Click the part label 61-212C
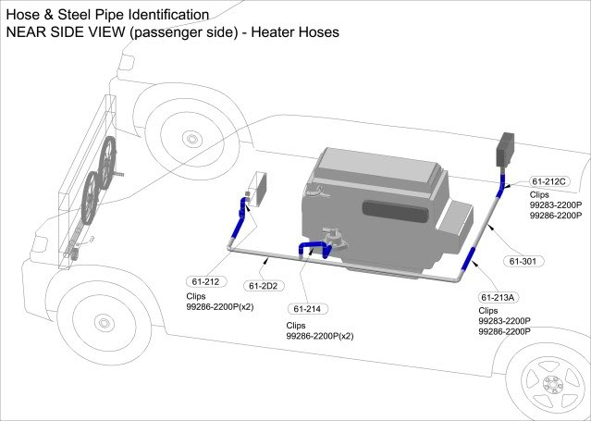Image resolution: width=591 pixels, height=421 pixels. [549, 181]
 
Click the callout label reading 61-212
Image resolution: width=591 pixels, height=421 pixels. [204, 281]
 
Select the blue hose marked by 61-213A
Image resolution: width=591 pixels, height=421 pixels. [471, 262]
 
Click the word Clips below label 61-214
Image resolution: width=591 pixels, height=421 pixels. [297, 326]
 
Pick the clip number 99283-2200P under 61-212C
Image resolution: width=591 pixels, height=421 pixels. [555, 204]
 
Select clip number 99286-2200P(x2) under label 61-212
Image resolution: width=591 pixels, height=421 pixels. [221, 306]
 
